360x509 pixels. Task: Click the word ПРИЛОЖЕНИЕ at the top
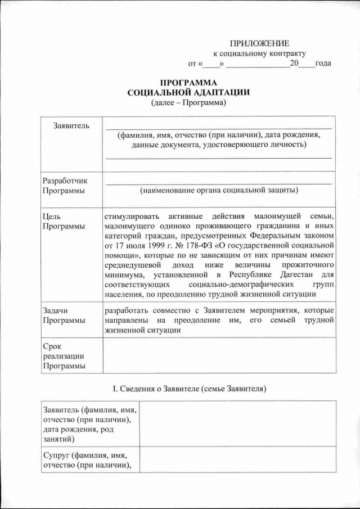(259, 44)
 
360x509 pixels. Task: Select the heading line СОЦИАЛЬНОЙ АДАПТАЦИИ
(188, 92)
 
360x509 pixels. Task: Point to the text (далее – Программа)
(188, 102)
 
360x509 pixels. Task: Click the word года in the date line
(323, 63)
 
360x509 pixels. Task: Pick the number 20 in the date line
(294, 63)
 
